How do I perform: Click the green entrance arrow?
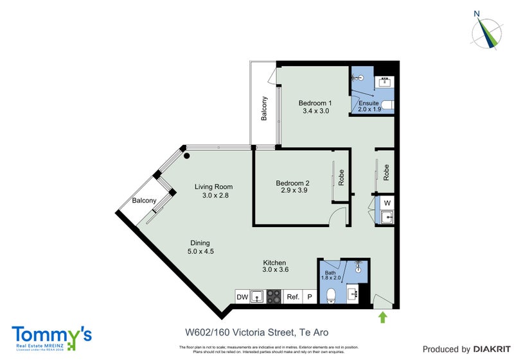(384, 316)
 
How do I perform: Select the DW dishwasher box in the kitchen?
(242, 297)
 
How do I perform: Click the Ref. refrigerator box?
(293, 297)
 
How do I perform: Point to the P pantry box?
(310, 297)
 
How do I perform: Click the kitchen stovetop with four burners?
(274, 297)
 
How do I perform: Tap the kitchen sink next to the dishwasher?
(257, 296)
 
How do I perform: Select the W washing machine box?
(387, 203)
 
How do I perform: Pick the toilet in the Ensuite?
(387, 105)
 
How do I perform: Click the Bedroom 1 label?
(315, 103)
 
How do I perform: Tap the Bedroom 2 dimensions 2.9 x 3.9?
(295, 190)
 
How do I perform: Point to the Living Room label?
(214, 187)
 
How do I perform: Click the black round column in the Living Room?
(187, 155)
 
